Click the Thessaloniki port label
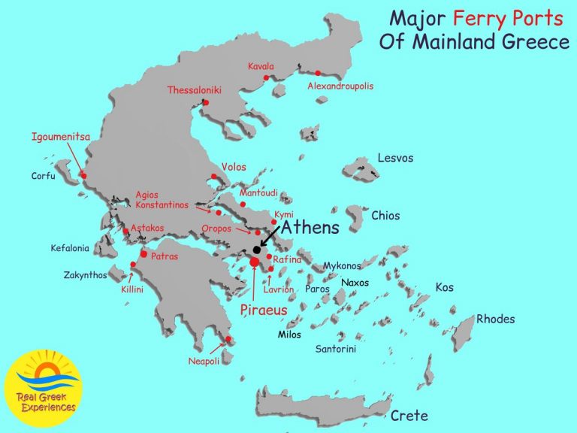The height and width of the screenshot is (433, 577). point(188,90)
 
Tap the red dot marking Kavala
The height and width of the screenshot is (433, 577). point(266,77)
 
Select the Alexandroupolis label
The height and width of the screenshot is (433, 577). point(340,86)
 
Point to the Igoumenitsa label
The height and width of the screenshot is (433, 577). point(61,137)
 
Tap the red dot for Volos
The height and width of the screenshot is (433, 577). point(214,177)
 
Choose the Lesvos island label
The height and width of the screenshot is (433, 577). point(395,159)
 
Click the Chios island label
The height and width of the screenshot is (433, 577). point(391,216)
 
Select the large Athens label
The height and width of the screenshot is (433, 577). point(310,226)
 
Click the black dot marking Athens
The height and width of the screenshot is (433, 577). point(257,250)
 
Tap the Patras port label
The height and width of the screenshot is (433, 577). point(165,256)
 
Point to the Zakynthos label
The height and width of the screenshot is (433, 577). point(85,274)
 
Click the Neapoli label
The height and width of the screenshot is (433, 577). point(204,362)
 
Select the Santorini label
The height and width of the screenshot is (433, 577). point(336,349)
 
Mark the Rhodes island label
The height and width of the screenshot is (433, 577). point(496,319)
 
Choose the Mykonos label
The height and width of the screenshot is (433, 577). point(342,265)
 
